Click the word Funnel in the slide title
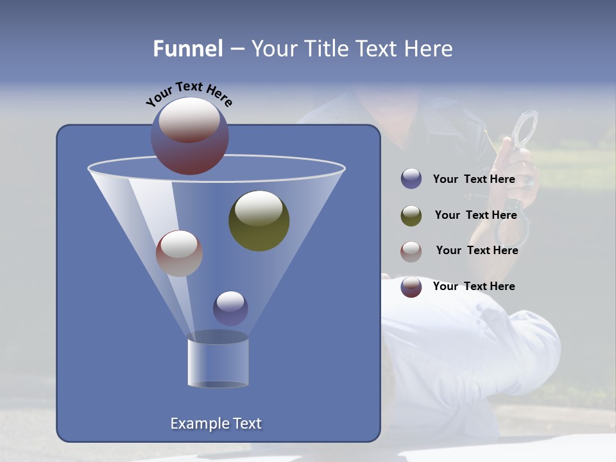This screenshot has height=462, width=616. pyautogui.click(x=188, y=49)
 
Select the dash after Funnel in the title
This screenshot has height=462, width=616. pyautogui.click(x=236, y=49)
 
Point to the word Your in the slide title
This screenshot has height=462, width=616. pyautogui.click(x=274, y=49)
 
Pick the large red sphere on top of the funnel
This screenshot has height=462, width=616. pyautogui.click(x=189, y=136)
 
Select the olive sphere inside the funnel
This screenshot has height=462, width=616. pyautogui.click(x=259, y=221)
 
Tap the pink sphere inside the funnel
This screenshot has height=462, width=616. pyautogui.click(x=179, y=253)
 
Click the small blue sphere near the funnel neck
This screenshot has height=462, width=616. pyautogui.click(x=230, y=308)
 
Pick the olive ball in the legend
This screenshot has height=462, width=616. pyautogui.click(x=411, y=216)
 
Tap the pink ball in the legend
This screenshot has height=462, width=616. pyautogui.click(x=411, y=251)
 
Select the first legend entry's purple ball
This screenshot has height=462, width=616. pyautogui.click(x=411, y=179)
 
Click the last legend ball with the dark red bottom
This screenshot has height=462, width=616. pyautogui.click(x=411, y=287)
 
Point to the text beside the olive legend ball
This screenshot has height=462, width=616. pyautogui.click(x=475, y=215)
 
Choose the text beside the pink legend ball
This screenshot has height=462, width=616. pyautogui.click(x=477, y=250)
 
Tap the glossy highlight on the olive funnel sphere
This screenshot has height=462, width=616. pyautogui.click(x=259, y=208)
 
